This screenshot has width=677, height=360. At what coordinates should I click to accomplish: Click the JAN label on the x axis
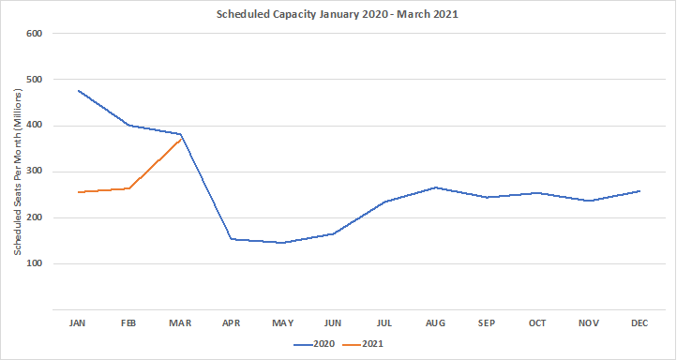coord(78,322)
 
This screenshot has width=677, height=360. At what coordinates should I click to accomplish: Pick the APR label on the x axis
coord(232,322)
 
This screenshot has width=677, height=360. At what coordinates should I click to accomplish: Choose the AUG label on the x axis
coord(436,322)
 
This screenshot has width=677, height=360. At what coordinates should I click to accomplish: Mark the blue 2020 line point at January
coord(78,91)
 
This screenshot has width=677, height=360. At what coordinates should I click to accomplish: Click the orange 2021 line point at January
coord(78,192)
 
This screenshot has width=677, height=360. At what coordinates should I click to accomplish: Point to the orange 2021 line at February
coord(129,188)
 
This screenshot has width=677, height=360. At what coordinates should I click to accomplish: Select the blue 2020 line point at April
coord(232,239)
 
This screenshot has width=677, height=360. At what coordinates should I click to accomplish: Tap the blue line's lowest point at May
coord(282,243)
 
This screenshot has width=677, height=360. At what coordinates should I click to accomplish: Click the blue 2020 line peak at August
coord(436,187)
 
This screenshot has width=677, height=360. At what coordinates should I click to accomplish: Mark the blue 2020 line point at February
coord(129,125)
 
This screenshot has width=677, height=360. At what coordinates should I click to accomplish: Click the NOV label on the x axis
coord(590,322)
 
